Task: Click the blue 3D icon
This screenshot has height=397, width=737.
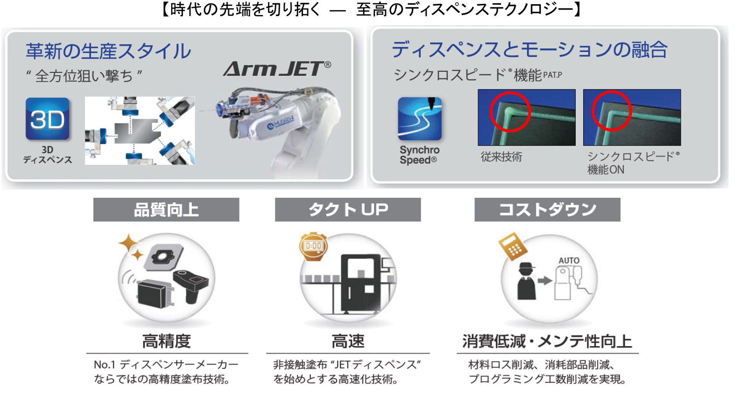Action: click(x=47, y=119)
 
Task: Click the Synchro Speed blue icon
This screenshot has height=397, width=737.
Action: click(x=420, y=119)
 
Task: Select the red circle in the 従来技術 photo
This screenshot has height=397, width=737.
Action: click(x=510, y=112)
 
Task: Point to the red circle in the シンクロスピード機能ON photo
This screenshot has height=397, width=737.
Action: click(x=611, y=111)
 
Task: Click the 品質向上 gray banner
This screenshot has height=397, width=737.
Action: click(x=166, y=210)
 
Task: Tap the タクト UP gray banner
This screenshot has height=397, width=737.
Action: click(x=348, y=210)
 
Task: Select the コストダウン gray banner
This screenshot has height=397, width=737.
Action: click(x=547, y=210)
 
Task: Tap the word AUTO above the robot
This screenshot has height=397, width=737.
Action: click(x=569, y=260)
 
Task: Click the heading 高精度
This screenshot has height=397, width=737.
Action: click(x=167, y=341)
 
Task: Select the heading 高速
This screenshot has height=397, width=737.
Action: click(x=348, y=341)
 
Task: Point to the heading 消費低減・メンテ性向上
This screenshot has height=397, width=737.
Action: click(x=547, y=341)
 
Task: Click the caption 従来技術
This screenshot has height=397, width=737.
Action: click(x=501, y=157)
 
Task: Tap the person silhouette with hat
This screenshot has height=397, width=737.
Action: click(x=526, y=281)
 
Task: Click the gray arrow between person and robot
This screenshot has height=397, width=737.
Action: click(x=545, y=281)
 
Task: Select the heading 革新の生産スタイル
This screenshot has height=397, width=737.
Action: click(x=109, y=51)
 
